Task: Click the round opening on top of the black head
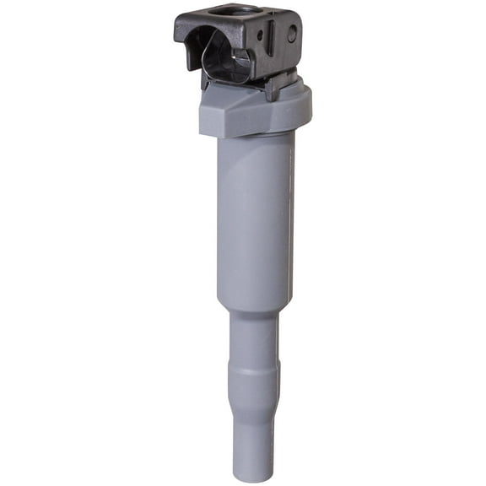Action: pos(226,11)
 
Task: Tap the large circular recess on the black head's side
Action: pos(292,33)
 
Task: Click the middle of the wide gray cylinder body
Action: pos(254,219)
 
